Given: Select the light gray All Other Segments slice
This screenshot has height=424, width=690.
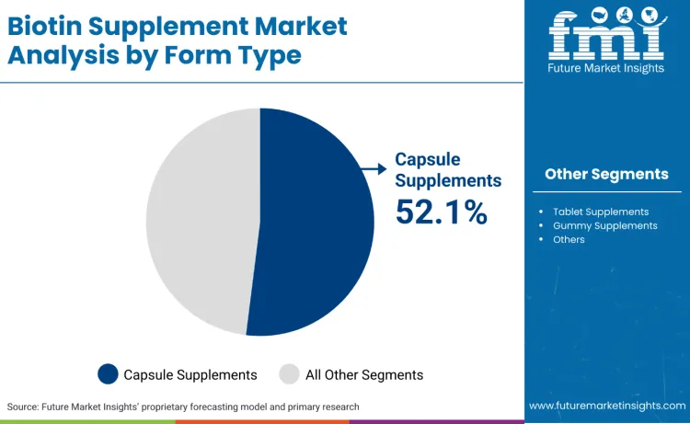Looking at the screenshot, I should pos(198,221).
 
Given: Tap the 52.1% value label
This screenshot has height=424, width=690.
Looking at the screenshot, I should pos(441,212).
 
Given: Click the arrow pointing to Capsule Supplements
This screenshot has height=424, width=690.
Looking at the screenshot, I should pos(374,167).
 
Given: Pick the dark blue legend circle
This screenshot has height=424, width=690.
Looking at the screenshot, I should pos(109,373).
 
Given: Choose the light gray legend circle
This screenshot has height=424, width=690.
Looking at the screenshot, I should pos(289,373).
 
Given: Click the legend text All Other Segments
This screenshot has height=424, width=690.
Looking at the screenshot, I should pos(364,374).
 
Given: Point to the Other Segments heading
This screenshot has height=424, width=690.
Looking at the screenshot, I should pos(606,174).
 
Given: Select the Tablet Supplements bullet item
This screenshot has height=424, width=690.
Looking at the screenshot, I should pos(601,212).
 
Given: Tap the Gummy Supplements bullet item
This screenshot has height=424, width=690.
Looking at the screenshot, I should pos(604,225).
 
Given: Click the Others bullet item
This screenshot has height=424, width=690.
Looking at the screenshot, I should pos(569,239).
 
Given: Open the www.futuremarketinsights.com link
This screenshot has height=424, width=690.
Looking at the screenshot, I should pos(606,406).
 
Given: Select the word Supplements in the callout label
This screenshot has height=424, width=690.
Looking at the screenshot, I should pos(448,180).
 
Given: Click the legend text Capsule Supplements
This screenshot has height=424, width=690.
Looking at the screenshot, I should pos(190,374).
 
